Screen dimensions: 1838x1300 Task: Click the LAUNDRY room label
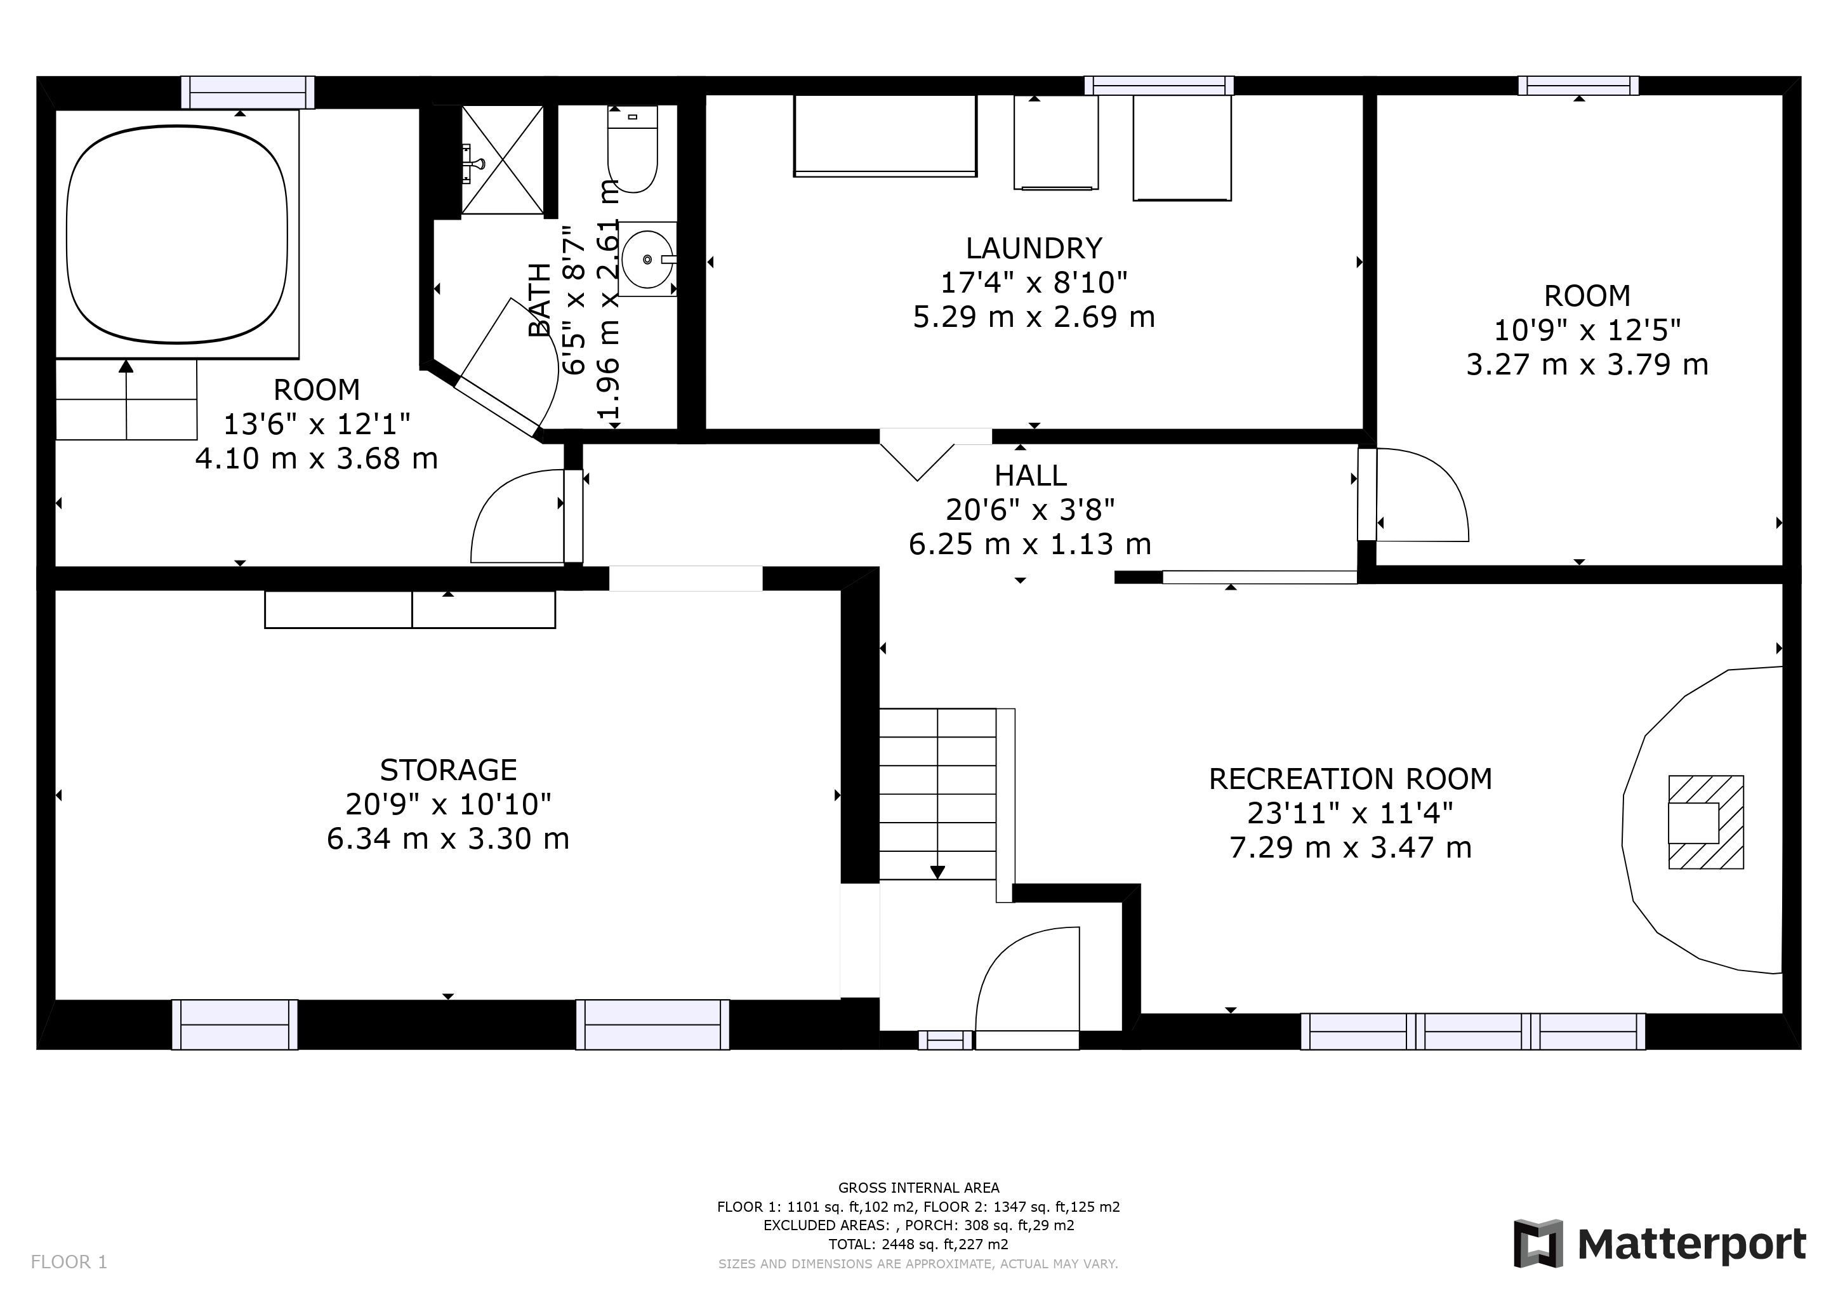tap(1033, 248)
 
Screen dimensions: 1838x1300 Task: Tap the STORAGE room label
tap(448, 770)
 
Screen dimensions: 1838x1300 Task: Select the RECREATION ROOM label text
tap(1351, 779)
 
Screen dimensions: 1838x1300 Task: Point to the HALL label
tap(1030, 475)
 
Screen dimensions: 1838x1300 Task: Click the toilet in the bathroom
tap(632, 149)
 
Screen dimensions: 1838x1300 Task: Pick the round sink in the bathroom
tap(647, 260)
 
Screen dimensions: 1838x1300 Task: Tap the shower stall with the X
tap(503, 160)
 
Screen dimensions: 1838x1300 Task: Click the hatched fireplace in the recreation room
tap(1706, 822)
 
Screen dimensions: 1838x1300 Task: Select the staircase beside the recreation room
tap(947, 804)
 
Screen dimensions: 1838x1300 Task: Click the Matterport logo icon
tap(1538, 1244)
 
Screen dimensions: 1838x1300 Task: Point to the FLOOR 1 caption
tap(69, 1263)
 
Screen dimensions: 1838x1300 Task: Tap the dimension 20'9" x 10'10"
tap(448, 804)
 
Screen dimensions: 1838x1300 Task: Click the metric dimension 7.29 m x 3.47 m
tap(1351, 847)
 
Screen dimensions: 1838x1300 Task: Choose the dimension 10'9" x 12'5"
tap(1587, 330)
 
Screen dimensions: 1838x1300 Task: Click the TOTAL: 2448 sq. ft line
tap(919, 1244)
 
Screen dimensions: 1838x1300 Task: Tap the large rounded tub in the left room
tap(177, 234)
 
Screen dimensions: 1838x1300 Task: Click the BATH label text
tap(540, 300)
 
